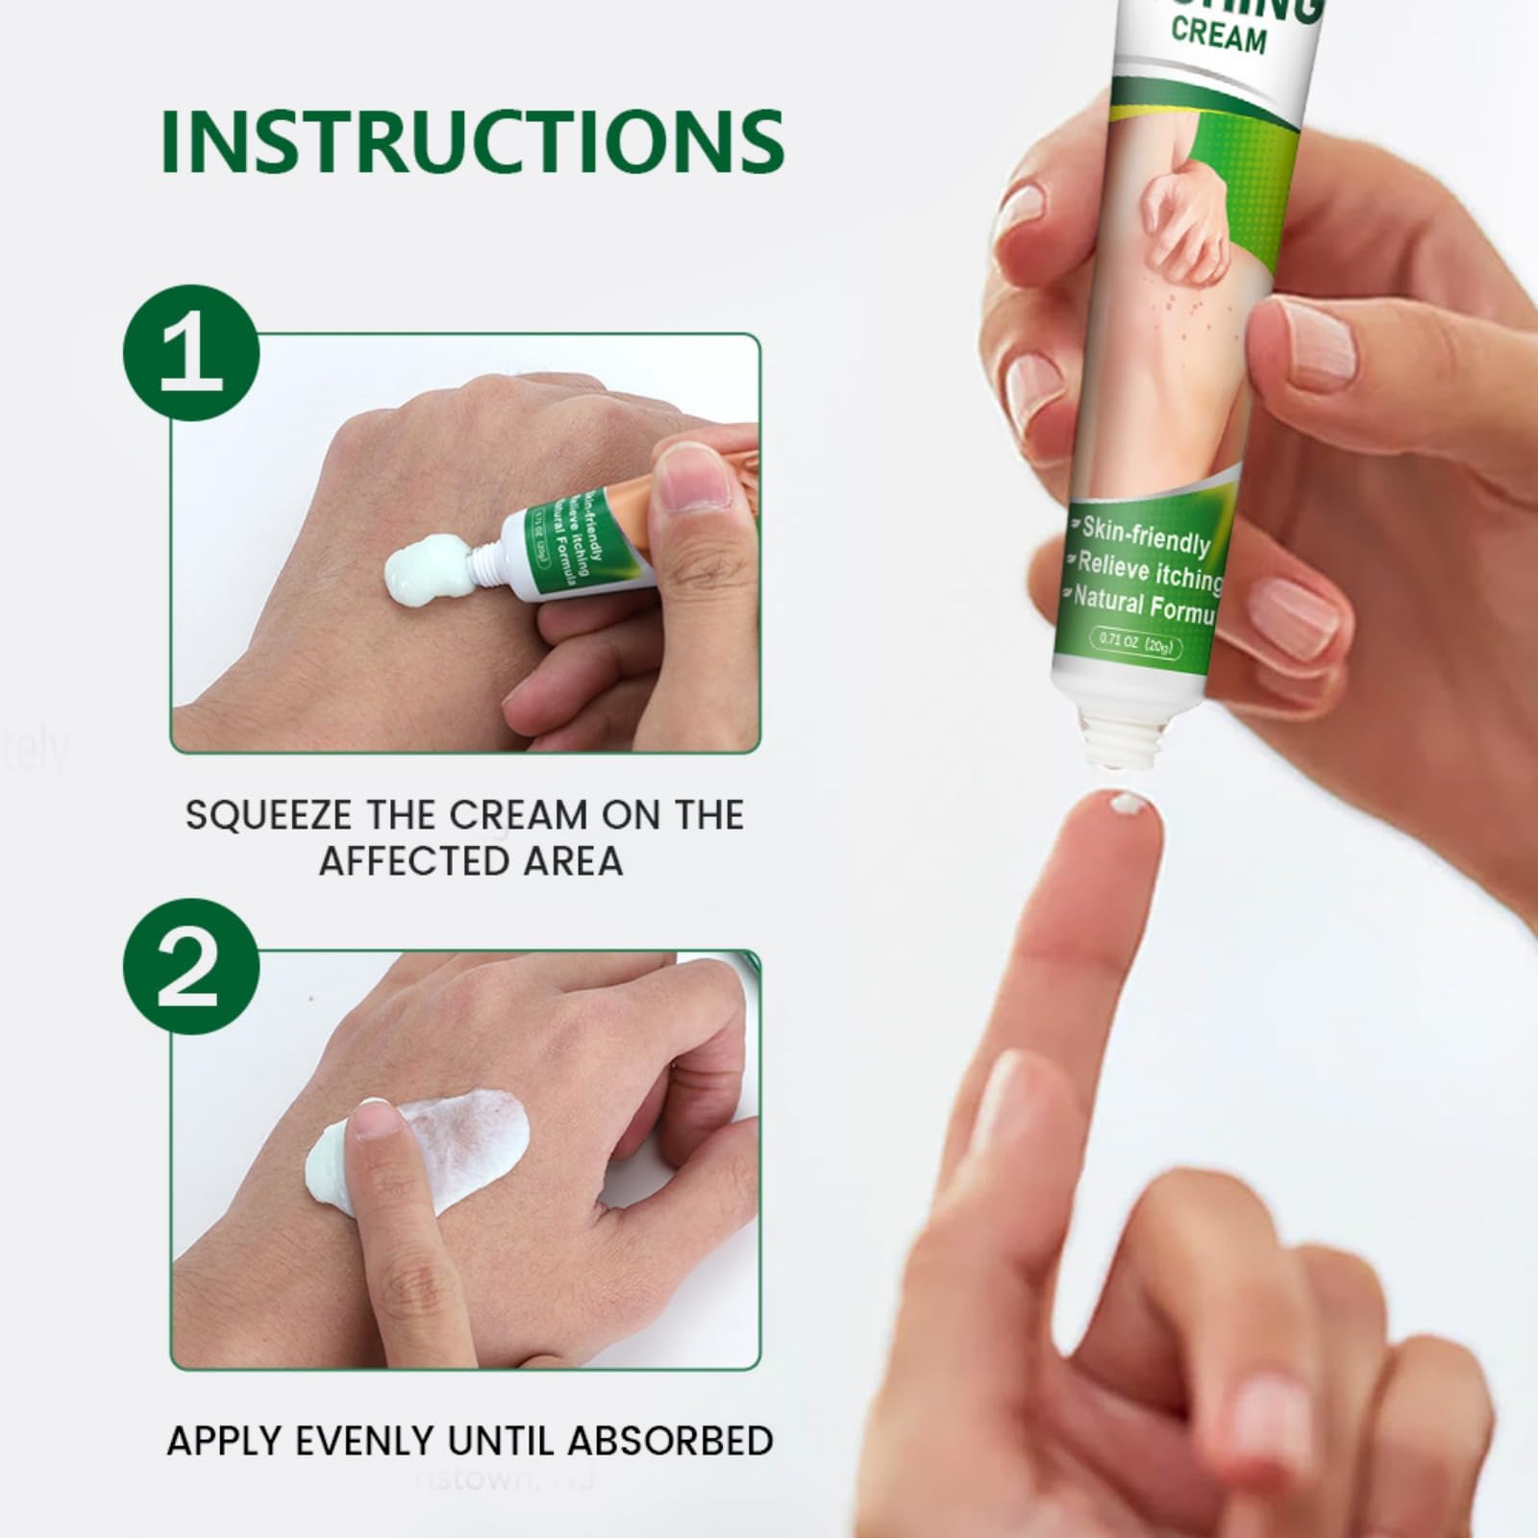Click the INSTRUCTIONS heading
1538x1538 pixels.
pos(472,141)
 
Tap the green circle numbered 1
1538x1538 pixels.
pos(191,353)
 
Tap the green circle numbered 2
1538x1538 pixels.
pos(191,968)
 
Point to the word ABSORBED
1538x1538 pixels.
pos(670,1441)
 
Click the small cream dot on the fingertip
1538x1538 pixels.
pos(1121,803)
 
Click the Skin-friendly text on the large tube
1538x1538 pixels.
pos(1145,536)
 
